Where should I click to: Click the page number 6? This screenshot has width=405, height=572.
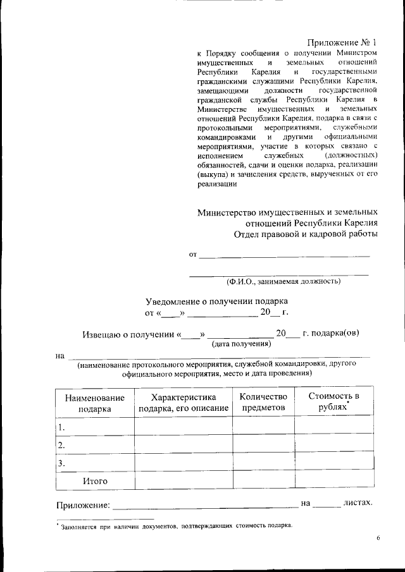(377, 538)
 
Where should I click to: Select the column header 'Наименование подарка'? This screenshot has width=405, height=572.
(94, 403)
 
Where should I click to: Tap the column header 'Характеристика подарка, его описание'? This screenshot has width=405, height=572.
(184, 403)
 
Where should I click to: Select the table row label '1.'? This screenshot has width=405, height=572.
(62, 427)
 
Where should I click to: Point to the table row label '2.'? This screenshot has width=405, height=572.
(62, 446)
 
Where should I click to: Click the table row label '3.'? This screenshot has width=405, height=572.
(62, 464)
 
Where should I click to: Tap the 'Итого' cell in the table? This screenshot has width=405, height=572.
(95, 481)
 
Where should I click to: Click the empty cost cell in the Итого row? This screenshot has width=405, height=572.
(333, 481)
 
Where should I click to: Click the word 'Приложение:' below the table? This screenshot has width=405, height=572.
(83, 504)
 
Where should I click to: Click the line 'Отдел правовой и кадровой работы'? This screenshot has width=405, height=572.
(306, 234)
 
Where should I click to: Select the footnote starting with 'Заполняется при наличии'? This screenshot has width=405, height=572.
(175, 525)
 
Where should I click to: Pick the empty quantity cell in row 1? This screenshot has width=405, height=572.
(263, 427)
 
